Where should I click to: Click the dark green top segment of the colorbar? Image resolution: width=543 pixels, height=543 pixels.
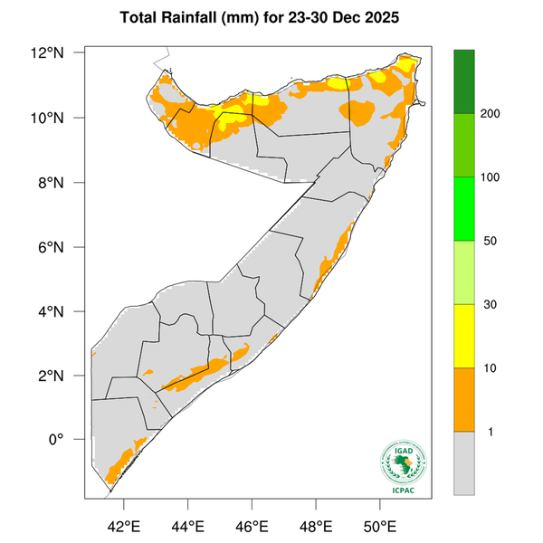coord(464,81)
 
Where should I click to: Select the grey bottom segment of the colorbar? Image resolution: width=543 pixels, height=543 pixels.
coord(464,462)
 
